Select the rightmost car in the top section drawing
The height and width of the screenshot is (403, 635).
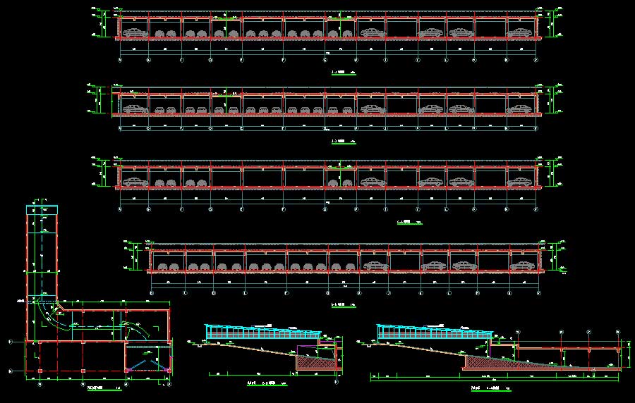(519, 32)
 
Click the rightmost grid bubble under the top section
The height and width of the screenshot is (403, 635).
(537, 60)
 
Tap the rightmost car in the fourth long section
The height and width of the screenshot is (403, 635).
(521, 265)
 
